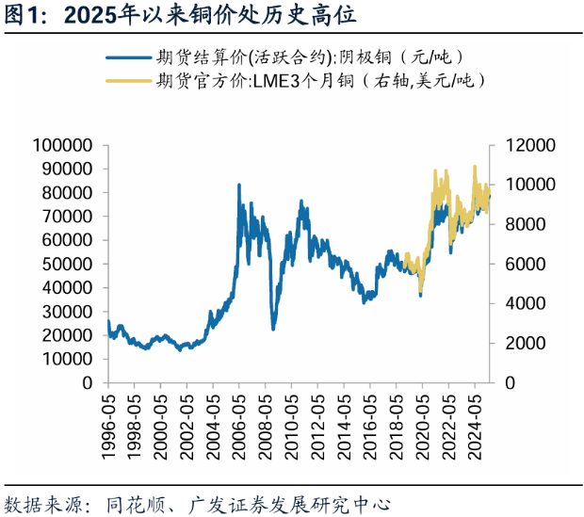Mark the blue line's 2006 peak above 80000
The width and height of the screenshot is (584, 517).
point(238,185)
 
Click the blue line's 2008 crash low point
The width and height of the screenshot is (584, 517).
point(273,329)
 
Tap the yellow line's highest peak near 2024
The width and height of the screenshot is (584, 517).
point(474,167)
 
